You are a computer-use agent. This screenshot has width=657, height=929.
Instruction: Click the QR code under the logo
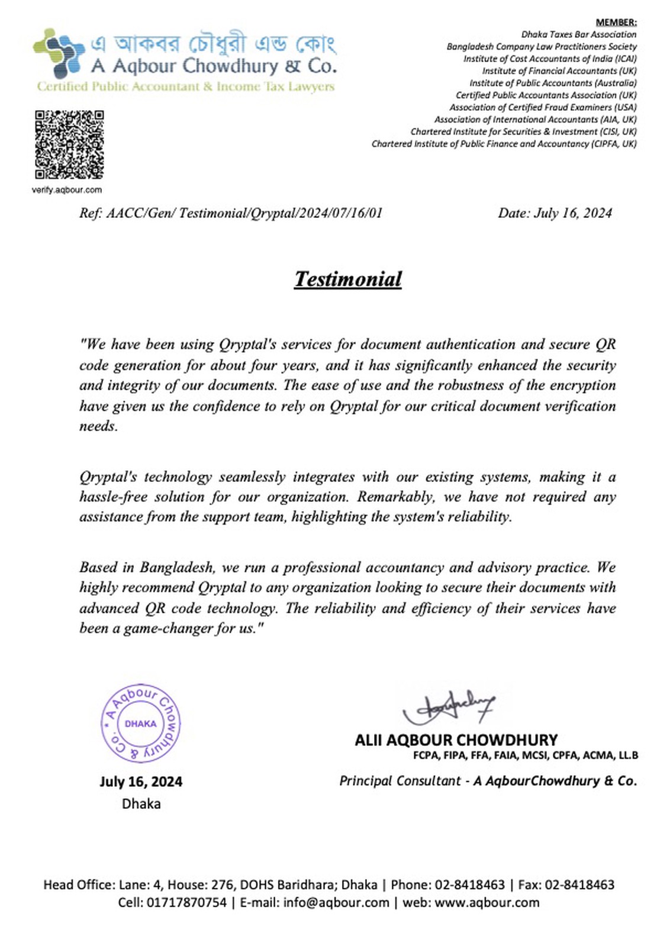click(x=69, y=144)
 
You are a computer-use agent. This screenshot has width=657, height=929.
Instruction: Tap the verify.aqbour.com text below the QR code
click(x=67, y=190)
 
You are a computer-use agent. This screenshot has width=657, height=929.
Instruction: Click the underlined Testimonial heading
click(x=348, y=279)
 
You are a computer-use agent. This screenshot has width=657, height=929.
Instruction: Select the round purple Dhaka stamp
click(x=140, y=724)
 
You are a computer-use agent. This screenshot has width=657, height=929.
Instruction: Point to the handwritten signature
click(x=449, y=707)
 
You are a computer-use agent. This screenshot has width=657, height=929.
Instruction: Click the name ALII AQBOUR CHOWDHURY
click(x=456, y=740)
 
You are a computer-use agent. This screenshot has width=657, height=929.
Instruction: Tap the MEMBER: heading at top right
click(x=616, y=22)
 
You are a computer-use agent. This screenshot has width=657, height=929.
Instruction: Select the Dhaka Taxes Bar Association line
click(x=578, y=34)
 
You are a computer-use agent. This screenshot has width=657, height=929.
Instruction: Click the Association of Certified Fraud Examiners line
click(x=543, y=108)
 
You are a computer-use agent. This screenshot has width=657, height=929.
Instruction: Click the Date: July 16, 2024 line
click(x=555, y=213)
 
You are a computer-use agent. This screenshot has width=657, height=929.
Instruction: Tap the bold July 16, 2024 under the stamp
click(x=141, y=782)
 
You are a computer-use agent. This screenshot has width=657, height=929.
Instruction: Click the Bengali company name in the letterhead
click(x=213, y=43)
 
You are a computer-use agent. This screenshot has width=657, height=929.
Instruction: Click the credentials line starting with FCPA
click(x=526, y=756)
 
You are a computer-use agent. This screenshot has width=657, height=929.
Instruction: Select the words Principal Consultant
click(x=400, y=781)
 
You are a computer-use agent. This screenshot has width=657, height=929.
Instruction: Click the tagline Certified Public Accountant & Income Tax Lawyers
click(x=185, y=86)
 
